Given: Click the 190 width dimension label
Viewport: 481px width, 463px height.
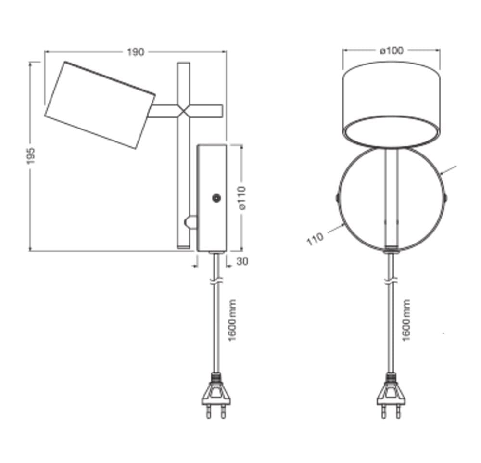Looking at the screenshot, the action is (135, 52).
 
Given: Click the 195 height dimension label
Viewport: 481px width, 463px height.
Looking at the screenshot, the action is (31, 156).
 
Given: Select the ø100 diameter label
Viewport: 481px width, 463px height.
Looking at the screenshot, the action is (392, 51).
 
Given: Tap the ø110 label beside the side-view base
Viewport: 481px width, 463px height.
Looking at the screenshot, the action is (242, 197).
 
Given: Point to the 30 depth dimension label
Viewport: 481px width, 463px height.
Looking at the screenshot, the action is (242, 262).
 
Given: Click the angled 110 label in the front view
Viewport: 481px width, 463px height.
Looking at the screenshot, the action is (315, 239).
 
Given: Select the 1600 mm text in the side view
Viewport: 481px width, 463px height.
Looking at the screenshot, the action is (233, 321).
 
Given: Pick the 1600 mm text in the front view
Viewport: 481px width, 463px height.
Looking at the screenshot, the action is (406, 321).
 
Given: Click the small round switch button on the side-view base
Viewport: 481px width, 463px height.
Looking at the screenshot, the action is (217, 198).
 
